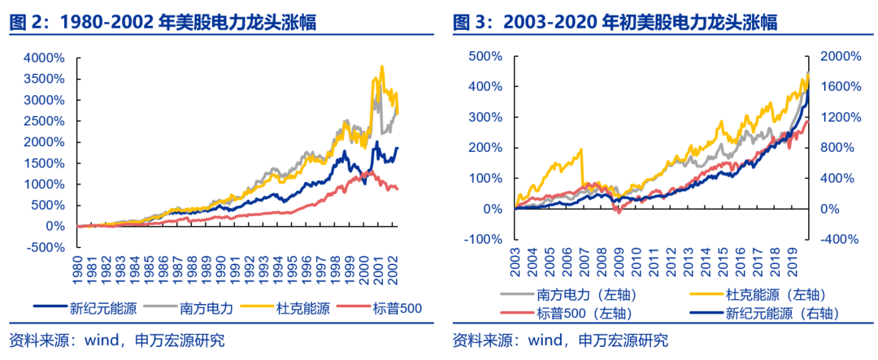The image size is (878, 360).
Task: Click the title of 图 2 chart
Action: (x=163, y=23)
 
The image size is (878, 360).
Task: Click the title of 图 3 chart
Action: (x=615, y=23)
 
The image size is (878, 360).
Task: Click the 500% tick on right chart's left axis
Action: (x=485, y=56)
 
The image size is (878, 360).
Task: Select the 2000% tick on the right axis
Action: (x=835, y=56)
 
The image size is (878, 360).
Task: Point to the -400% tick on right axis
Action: (x=835, y=240)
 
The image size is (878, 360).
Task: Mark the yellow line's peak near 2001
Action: (x=381, y=67)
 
